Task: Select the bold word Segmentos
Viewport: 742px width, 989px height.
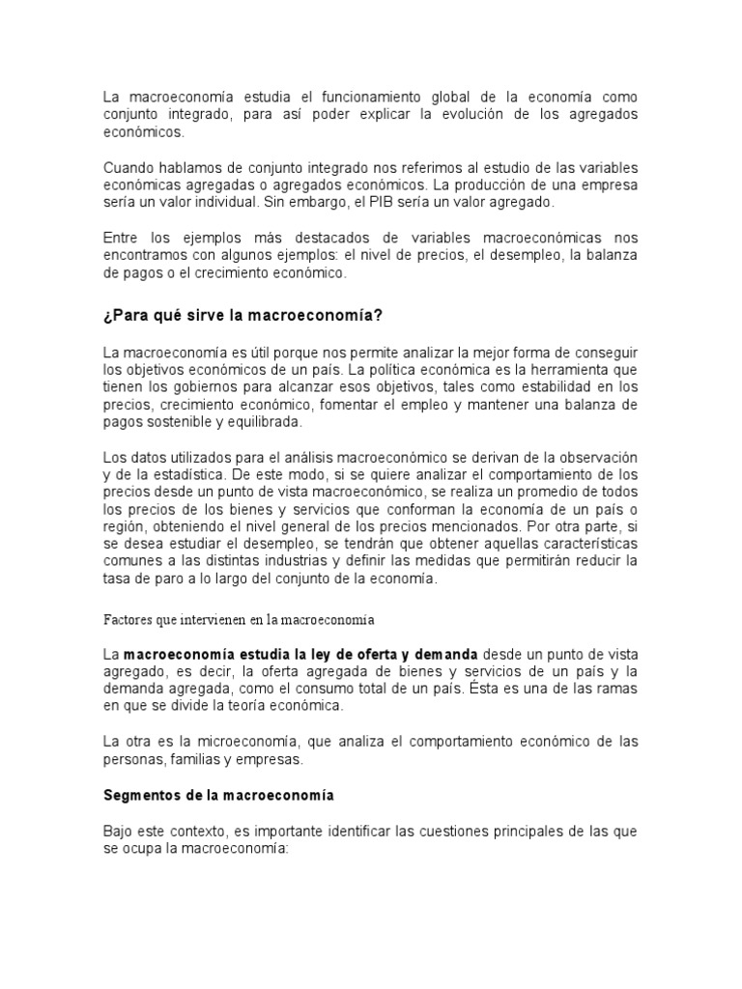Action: click(x=144, y=795)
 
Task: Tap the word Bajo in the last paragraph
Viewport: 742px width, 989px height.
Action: click(x=119, y=831)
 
